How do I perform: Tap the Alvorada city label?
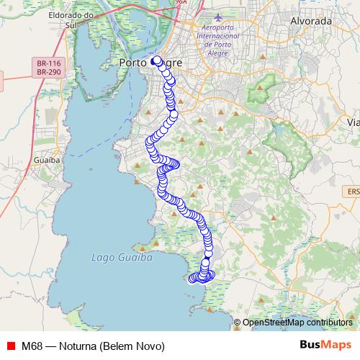tap(310, 21)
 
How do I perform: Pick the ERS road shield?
tap(351, 192)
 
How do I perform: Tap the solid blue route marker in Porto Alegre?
tap(156, 60)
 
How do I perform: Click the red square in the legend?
tap(11, 346)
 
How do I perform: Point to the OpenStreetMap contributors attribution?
tap(297, 323)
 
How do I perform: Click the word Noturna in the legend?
tap(81, 346)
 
